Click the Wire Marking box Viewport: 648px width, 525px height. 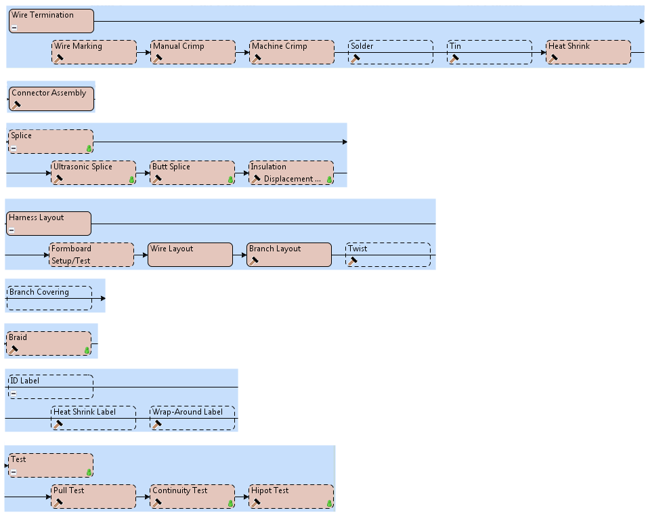(93, 52)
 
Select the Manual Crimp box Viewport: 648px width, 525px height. (192, 52)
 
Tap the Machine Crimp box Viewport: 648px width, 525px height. (292, 52)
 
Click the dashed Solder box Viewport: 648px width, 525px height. (391, 52)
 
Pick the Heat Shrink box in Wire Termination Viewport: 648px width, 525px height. (588, 52)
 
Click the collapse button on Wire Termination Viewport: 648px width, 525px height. (14, 28)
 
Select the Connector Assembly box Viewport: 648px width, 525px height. (51, 99)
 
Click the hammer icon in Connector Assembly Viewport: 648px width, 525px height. (16, 105)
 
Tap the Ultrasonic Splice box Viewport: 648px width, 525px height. (93, 173)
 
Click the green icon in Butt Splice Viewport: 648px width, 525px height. (230, 180)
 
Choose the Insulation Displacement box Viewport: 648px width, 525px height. (291, 173)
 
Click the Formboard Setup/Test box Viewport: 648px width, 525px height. (91, 255)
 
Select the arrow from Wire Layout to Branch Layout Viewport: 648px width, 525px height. (240, 255)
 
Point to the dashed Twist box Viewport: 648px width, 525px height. (388, 255)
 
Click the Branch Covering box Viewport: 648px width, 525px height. (49, 298)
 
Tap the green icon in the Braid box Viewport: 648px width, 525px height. (87, 350)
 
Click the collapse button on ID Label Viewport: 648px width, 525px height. (14, 394)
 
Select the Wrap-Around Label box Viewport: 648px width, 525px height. (192, 418)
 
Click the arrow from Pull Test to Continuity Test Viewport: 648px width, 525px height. (143, 497)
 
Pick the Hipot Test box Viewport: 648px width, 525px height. (291, 497)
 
